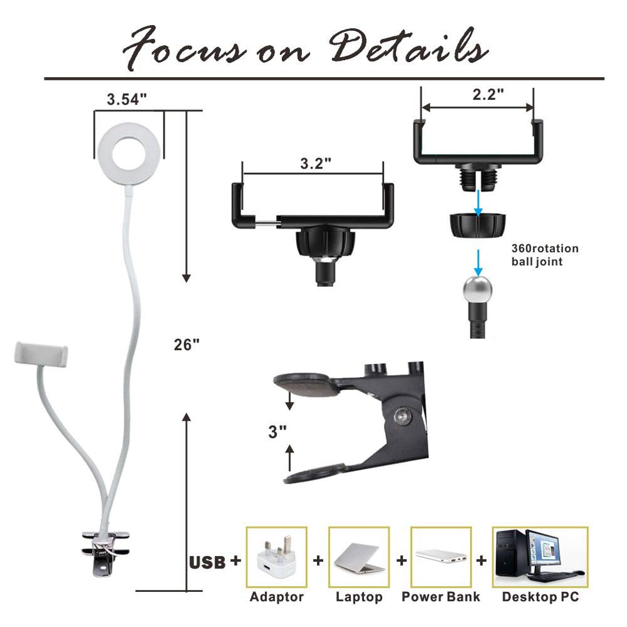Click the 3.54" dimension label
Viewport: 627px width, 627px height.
127,99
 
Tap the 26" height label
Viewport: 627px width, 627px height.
186,345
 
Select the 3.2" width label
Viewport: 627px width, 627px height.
316,163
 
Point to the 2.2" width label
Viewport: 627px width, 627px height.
488,95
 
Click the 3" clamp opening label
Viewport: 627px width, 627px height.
277,432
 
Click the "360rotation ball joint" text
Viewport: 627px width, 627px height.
544,255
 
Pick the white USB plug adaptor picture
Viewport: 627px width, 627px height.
276,557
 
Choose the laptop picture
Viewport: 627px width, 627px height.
359,557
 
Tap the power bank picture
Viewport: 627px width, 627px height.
441,556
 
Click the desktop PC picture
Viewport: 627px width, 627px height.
540,557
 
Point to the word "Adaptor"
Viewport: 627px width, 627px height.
276,597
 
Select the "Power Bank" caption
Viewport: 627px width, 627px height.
441,596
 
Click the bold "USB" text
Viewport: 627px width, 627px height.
207,562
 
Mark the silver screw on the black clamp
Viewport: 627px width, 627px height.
402,415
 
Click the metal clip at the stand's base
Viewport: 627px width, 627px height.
105,554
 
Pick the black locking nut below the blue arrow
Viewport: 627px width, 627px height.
477,225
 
